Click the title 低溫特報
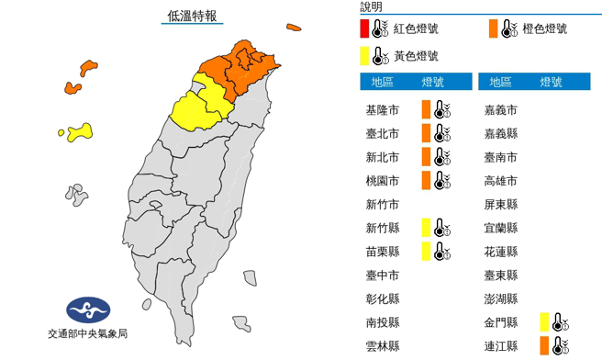pos(193,16)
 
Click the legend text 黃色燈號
pos(416,57)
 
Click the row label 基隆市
pos(382,110)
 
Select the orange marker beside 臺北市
pos(426,134)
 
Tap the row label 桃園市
pos(382,181)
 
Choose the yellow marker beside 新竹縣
pos(426,228)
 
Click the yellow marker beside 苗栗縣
pos(426,252)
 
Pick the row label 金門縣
pos(501,322)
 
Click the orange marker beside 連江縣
pos(545,346)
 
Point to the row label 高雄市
pos(501,181)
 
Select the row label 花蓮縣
pos(501,252)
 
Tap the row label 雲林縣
pos(382,346)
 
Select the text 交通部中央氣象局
pos(86,333)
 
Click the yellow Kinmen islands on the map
pos(77,133)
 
